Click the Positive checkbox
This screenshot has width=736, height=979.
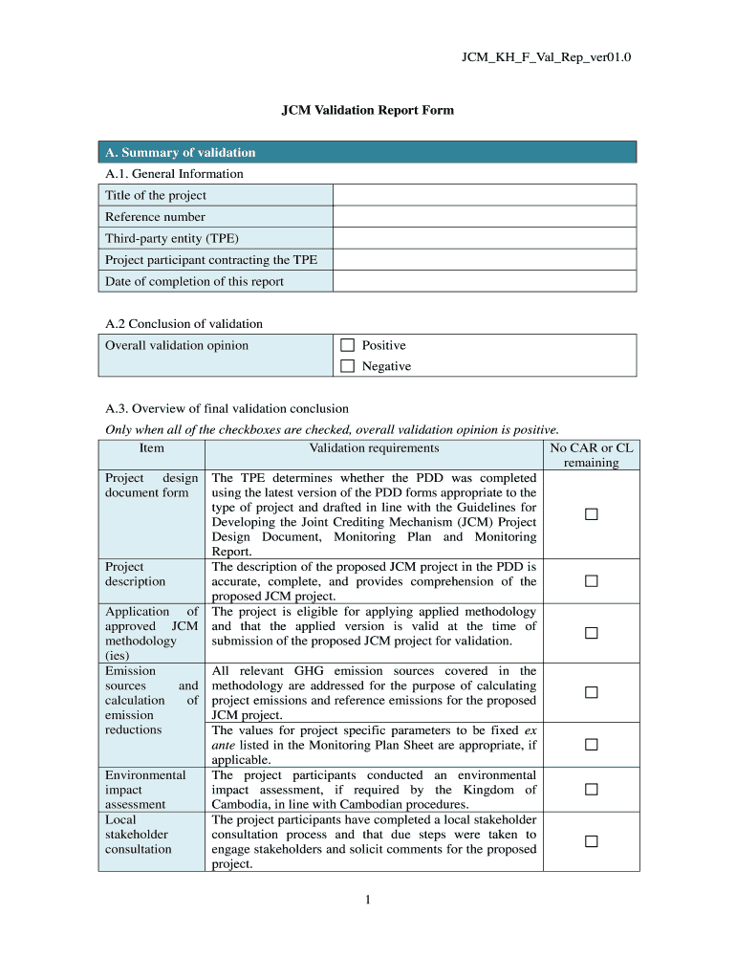(x=347, y=345)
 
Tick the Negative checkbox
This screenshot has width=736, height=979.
(x=347, y=366)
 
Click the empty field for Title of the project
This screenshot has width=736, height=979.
(x=484, y=195)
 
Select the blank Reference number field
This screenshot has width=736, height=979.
(x=484, y=217)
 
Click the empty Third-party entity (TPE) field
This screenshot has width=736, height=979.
(x=484, y=238)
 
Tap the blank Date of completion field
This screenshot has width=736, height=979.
(x=484, y=281)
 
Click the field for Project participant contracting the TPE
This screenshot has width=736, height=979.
(x=484, y=260)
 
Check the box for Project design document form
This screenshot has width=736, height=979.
(x=591, y=515)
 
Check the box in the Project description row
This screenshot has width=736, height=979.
(x=591, y=581)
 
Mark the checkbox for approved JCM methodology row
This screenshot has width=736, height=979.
(x=591, y=633)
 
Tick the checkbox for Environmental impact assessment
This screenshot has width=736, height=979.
(x=591, y=790)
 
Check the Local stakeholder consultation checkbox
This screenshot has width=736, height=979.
(x=591, y=841)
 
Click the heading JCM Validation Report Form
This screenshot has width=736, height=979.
(x=367, y=110)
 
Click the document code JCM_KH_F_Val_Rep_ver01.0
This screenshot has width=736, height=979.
(x=546, y=58)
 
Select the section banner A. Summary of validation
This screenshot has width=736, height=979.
(x=368, y=152)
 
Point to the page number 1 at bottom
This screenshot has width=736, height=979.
(x=367, y=900)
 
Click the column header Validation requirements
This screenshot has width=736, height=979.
(x=374, y=447)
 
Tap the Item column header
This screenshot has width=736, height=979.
(x=151, y=447)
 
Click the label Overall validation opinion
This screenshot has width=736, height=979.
(x=177, y=345)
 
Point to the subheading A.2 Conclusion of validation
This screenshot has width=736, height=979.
(x=184, y=324)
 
